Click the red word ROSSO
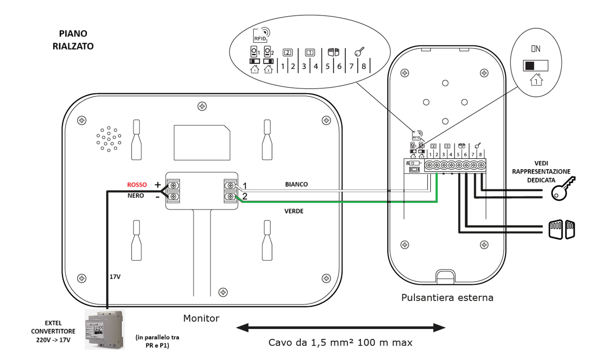pos(137,185)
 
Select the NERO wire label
pos(136,196)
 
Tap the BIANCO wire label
pos(297,184)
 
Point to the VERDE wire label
pos(294,211)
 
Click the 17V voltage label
pos(116,276)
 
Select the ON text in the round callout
pos(536,49)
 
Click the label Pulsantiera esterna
pos(447,298)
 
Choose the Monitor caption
pos(201,318)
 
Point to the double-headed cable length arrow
pos(341,328)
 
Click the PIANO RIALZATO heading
pos(73,40)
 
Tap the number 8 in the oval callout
pos(364,66)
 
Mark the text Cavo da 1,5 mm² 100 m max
pos(340,343)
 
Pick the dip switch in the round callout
pos(535,66)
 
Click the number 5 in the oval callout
pos(328,66)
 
